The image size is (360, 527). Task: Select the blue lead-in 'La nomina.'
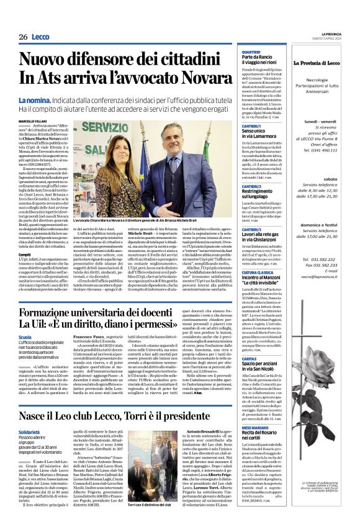[51, 100]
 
